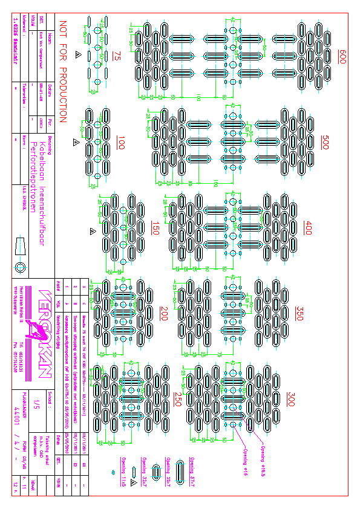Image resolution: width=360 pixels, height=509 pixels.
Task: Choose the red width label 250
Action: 177,398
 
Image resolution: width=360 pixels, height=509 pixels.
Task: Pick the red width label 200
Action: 163,313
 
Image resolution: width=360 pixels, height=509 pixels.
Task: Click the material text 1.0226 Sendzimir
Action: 25,48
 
